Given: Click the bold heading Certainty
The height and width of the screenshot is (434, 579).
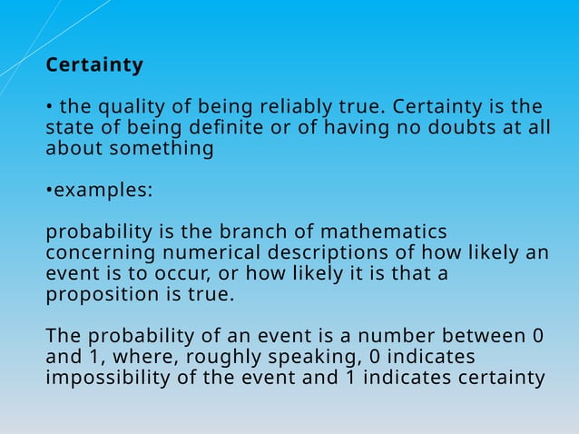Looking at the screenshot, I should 94,66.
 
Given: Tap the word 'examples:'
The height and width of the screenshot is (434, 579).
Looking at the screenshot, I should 103,192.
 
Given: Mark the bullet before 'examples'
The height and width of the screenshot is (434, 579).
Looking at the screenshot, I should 49,192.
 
